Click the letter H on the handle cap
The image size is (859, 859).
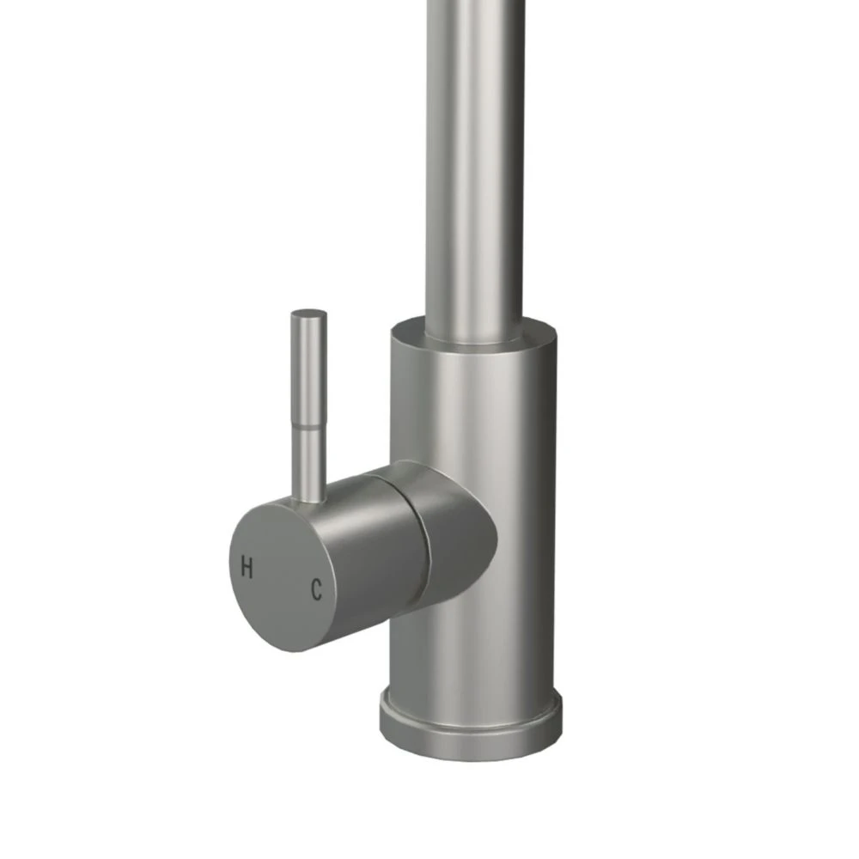point(247,568)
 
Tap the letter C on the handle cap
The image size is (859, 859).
point(316,589)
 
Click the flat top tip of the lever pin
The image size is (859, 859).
point(308,314)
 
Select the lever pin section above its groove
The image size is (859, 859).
point(307,365)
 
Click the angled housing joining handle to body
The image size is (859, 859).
point(455,533)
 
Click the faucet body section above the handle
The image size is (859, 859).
point(472,404)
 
